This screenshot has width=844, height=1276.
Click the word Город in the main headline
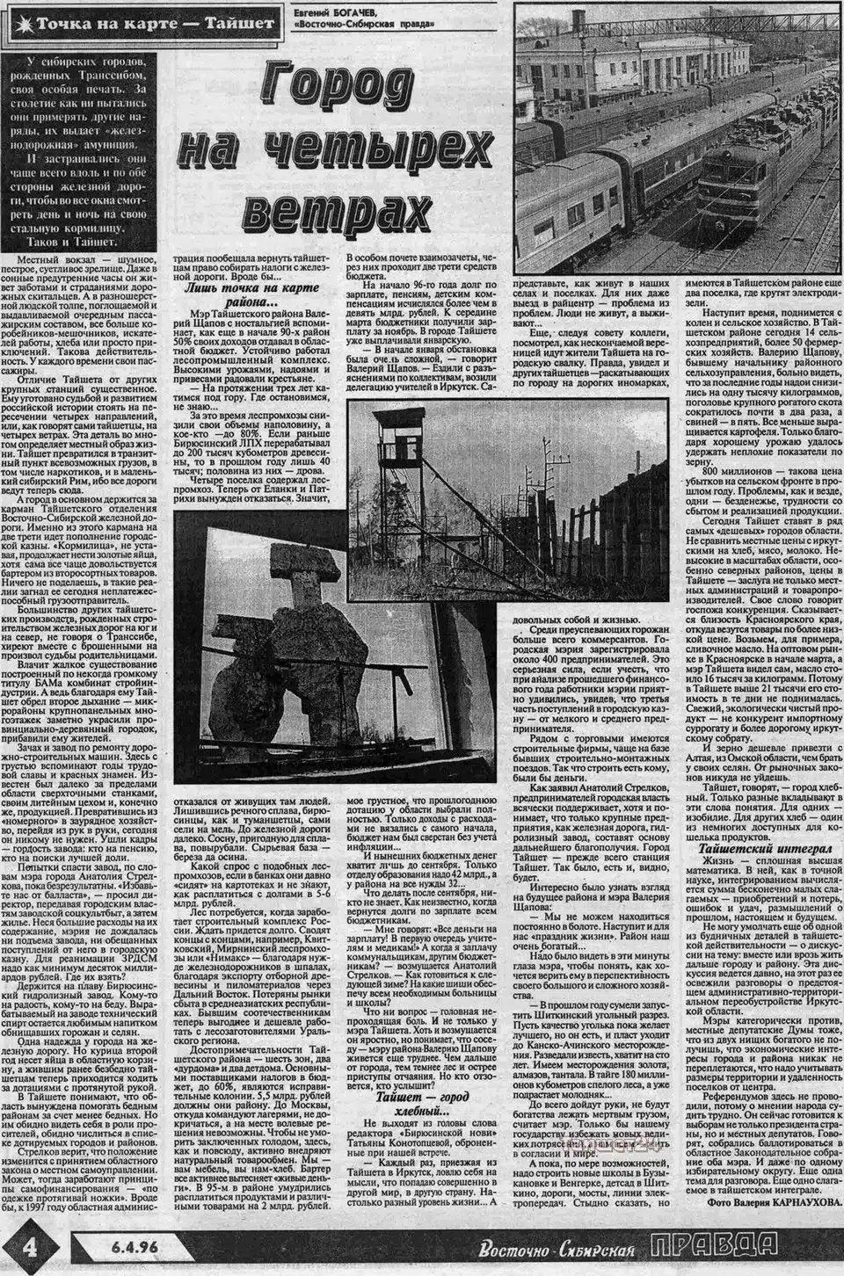point(329,94)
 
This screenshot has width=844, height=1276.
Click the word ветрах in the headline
point(334,207)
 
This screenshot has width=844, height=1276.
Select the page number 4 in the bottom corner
point(31,1246)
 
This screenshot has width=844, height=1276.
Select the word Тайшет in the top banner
point(240,23)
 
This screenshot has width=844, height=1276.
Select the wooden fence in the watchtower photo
point(577,527)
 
